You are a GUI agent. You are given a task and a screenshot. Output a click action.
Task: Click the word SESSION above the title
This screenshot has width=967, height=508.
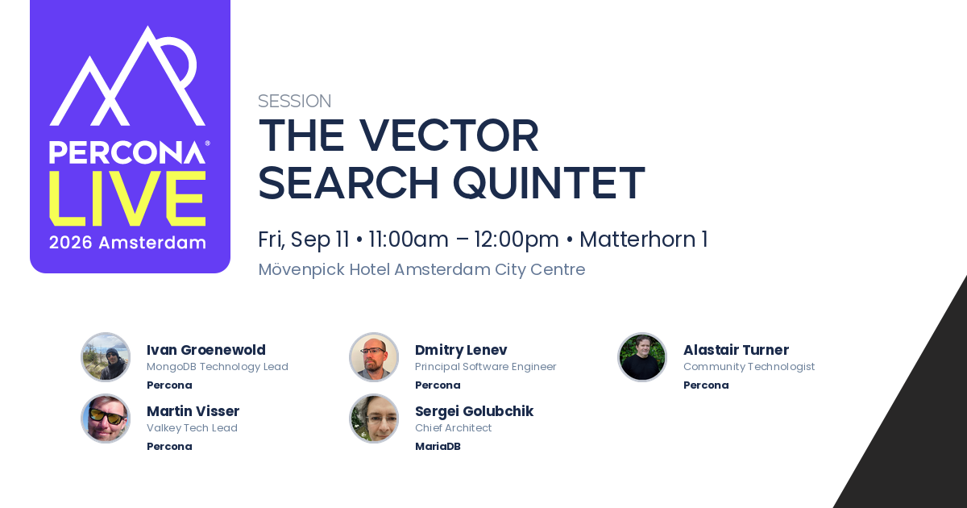tap(294, 101)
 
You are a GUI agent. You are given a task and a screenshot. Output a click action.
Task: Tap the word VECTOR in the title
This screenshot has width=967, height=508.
tap(449, 135)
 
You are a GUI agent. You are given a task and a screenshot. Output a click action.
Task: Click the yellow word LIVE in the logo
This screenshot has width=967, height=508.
tap(128, 198)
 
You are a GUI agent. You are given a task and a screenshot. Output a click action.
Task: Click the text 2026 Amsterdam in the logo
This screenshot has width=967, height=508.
tap(127, 243)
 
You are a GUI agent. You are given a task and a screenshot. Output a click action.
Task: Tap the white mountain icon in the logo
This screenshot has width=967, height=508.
tap(127, 77)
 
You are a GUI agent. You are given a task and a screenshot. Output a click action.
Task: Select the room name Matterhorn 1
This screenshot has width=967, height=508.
tap(643, 239)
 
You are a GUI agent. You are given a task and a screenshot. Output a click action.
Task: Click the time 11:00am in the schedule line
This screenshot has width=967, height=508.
tap(409, 239)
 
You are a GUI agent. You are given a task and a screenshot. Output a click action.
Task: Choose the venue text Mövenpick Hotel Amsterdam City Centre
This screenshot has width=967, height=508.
tap(421, 269)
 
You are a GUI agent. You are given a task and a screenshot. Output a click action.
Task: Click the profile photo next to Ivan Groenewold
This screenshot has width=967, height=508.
tap(106, 357)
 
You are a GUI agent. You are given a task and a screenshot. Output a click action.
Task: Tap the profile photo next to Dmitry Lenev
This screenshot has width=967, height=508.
tap(374, 357)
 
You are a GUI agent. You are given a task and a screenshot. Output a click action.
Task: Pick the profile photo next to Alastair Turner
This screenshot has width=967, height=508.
tap(642, 357)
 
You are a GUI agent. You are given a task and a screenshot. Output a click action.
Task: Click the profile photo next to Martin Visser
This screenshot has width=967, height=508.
tap(106, 418)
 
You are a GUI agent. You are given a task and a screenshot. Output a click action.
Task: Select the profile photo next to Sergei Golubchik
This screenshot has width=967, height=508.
tap(374, 418)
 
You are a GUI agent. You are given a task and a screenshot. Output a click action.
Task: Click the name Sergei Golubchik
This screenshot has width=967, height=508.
tap(474, 412)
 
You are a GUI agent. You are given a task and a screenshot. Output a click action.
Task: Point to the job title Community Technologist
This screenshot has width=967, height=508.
tap(749, 367)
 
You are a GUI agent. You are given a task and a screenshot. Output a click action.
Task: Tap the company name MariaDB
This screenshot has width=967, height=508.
tap(438, 446)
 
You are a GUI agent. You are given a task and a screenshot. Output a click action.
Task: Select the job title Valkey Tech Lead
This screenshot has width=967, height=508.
tap(192, 428)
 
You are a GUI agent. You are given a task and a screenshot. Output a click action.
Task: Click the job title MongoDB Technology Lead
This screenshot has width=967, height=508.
tap(217, 367)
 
